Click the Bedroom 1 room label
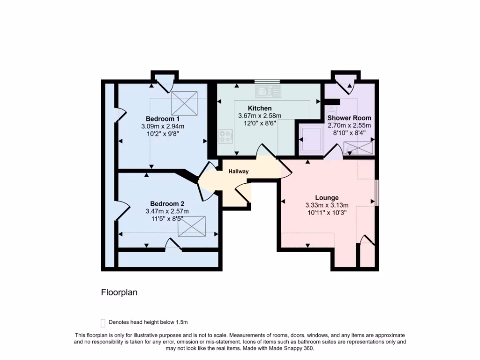[163, 118]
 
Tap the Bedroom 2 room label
[167, 204]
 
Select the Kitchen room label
[259, 108]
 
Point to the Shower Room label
[349, 118]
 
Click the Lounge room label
[327, 198]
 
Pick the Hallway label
[238, 172]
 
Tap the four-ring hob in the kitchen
[225, 136]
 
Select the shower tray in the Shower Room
[310, 139]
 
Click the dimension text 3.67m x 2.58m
[259, 116]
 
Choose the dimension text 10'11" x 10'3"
[327, 212]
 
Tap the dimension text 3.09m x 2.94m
[163, 126]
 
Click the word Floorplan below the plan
[119, 292]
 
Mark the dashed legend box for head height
[103, 323]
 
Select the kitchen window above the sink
[267, 82]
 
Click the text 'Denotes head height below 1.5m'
[148, 322]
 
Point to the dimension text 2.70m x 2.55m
[349, 126]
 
